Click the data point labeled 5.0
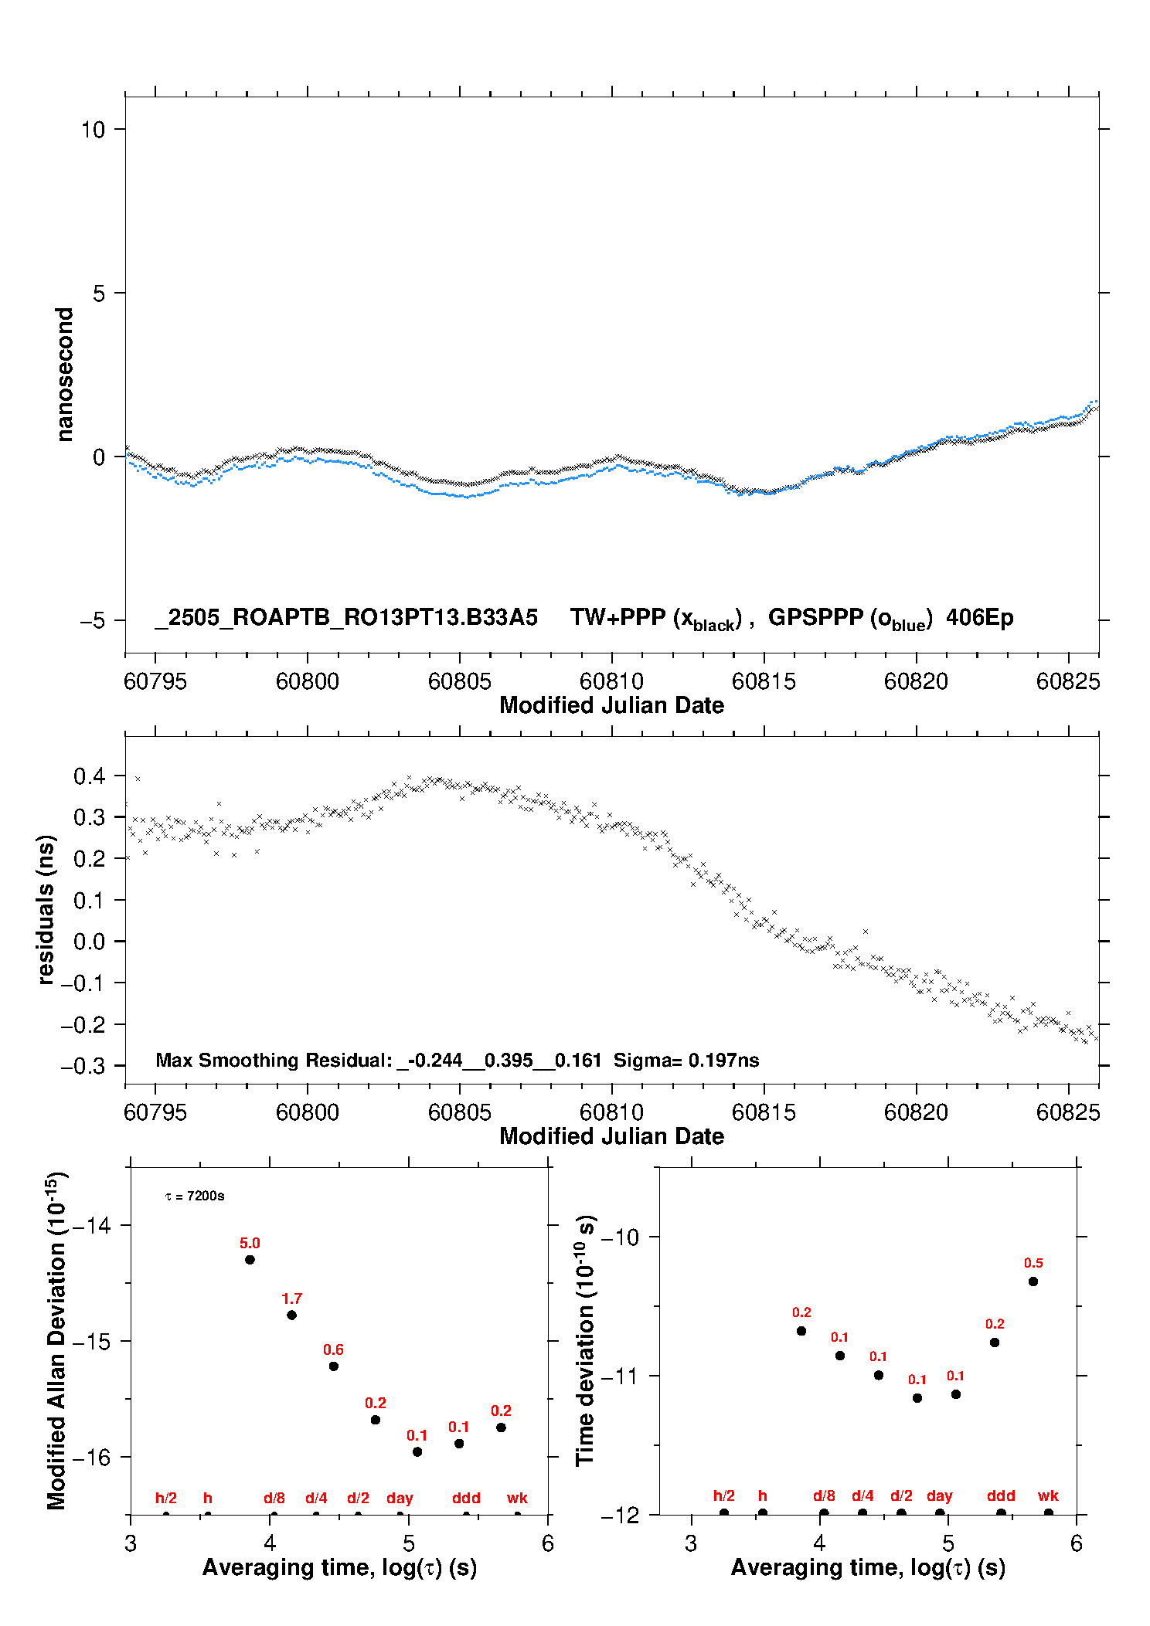point(250,1260)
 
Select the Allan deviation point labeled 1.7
point(291,1315)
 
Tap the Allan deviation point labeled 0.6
point(334,1366)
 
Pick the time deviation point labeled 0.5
point(1033,1281)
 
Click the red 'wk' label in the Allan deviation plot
point(517,1498)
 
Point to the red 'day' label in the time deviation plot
point(940,1496)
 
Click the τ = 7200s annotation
point(195,1196)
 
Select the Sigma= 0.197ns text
point(686,1060)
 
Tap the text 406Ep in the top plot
point(979,617)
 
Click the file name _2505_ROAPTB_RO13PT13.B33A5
point(346,617)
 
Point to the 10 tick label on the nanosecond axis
point(93,129)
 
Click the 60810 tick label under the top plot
point(611,681)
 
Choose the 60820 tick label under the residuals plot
point(916,1112)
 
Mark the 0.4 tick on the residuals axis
point(89,776)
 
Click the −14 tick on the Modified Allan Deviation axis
point(92,1225)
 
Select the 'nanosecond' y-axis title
point(64,375)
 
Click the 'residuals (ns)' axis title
point(46,910)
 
